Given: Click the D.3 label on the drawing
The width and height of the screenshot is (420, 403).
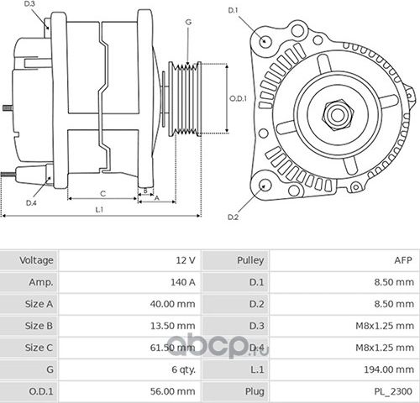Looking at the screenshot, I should coord(31,5).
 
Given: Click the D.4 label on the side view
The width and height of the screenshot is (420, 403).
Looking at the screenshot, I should coord(31,203).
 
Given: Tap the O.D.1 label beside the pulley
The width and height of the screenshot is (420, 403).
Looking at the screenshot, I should coord(238,98).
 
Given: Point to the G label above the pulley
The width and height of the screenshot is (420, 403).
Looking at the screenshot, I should coord(188,21).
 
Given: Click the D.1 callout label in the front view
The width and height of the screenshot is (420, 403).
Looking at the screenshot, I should coord(234,9).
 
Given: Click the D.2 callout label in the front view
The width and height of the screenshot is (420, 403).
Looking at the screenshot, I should coord(234,217).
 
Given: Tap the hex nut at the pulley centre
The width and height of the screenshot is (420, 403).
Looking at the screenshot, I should coord(339,111).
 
